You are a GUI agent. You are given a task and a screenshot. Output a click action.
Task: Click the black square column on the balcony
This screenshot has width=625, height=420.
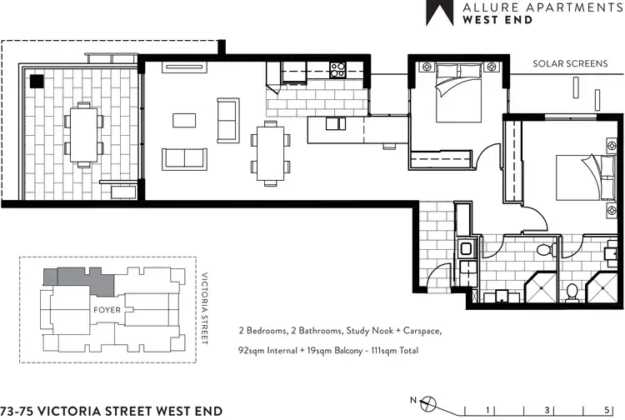click(37, 82)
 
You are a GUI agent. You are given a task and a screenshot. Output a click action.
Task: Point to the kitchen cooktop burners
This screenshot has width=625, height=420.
click(337, 70)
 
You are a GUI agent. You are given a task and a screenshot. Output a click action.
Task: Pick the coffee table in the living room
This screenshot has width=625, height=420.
click(184, 120)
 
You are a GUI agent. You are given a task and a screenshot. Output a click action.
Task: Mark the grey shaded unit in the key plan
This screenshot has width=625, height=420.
click(80, 282)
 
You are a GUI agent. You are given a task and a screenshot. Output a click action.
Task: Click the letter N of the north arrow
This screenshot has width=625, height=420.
click(402, 399)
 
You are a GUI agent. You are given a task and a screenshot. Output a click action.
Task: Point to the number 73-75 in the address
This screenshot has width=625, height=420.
click(17, 410)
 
